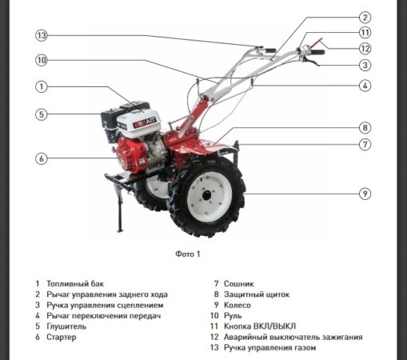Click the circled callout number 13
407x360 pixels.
point(42,35)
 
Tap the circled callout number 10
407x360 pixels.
point(42,60)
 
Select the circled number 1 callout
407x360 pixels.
point(42,86)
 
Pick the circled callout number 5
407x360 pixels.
point(42,114)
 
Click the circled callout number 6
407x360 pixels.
point(42,158)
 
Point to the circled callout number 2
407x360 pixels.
point(365,18)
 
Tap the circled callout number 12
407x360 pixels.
point(365,49)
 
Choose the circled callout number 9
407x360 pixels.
point(365,194)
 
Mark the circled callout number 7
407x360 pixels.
point(365,145)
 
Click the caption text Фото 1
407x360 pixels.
point(188,254)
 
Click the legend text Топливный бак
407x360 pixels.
point(75,284)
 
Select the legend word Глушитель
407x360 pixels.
point(66,326)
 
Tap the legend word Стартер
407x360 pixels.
point(62,337)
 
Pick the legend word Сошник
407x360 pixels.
point(239,284)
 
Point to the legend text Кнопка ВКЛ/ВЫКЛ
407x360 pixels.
point(260,326)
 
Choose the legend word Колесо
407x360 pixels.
point(237,305)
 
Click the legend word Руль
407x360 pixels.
point(233,316)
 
